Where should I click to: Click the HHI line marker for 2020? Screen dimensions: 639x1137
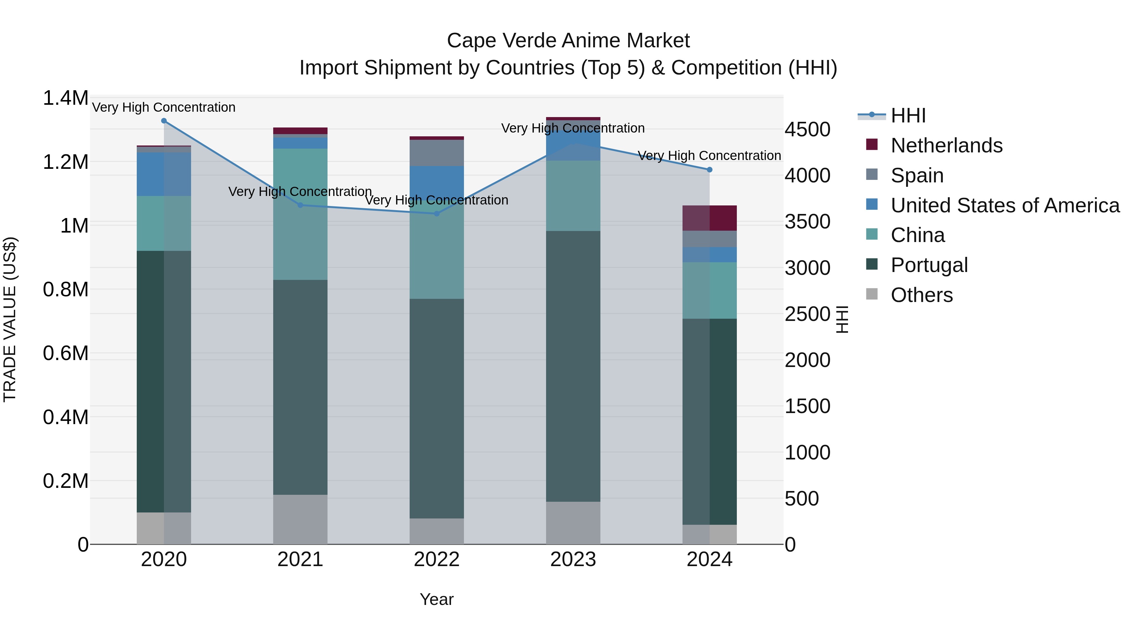coord(164,121)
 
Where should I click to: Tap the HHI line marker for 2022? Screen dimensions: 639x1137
coord(436,214)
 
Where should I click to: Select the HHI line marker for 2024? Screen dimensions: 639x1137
coord(709,170)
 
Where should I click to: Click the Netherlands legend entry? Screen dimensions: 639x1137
coord(946,145)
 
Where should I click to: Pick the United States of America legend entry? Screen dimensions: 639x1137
coord(1005,205)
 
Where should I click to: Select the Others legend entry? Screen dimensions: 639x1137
coord(921,295)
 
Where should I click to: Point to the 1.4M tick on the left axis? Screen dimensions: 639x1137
coord(65,98)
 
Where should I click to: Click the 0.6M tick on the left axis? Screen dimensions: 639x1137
coord(65,353)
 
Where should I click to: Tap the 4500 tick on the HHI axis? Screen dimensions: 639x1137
coord(807,130)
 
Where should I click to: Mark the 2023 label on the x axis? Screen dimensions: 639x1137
coord(573,559)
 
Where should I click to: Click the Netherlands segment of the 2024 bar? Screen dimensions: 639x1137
coord(709,218)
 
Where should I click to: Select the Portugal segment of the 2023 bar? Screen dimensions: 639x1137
coord(573,366)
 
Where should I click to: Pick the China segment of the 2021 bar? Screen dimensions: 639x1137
coord(300,214)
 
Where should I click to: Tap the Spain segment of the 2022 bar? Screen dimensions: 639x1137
coord(436,153)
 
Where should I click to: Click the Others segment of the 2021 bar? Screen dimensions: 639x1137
coord(300,519)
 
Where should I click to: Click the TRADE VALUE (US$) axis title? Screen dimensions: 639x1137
coord(10,320)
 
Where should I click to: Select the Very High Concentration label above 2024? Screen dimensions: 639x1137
coord(709,156)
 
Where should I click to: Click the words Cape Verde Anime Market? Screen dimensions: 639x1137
coord(568,41)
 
